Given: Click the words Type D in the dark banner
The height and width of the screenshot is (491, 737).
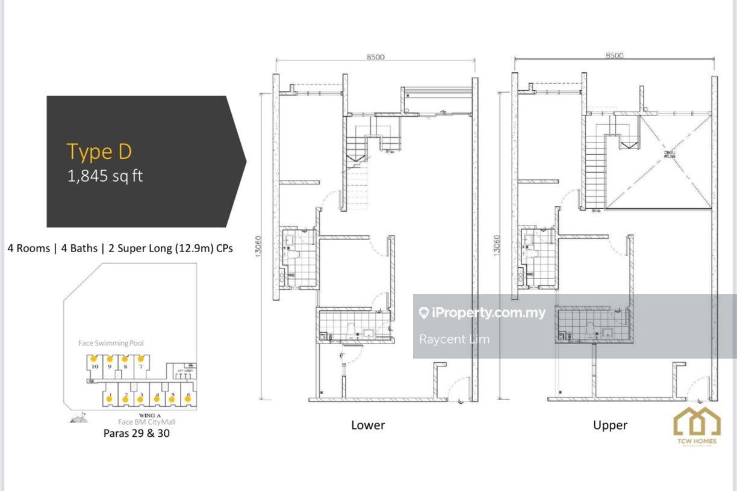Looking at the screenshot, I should pos(99,152).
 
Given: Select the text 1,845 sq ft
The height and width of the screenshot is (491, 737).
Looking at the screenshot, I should pos(105,176).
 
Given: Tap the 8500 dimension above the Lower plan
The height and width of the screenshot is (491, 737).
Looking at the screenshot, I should pos(375,57).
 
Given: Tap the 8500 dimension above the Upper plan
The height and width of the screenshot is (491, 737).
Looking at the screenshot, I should pos(614,55).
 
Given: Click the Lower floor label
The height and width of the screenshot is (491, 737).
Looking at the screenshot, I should pos(368,425).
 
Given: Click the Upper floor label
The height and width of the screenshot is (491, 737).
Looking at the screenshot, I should pos(610,425).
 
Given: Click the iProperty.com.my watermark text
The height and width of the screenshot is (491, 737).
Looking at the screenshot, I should pos(488,313).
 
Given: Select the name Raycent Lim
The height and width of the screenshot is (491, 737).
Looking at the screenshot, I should pos(454,339).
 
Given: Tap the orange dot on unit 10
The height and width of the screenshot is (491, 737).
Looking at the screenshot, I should pos(93,359).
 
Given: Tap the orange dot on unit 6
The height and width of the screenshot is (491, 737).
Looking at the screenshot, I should pos(188,398).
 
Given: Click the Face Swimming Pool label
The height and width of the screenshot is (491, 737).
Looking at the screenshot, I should pos(111,343).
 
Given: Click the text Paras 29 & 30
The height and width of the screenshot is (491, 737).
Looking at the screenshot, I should pos(136,433).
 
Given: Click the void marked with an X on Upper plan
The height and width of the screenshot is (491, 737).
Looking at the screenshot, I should pos(659,162).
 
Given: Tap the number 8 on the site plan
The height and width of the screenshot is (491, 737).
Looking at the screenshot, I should pos(125,365).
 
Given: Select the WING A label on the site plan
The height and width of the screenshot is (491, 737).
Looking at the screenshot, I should pos(149,416).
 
